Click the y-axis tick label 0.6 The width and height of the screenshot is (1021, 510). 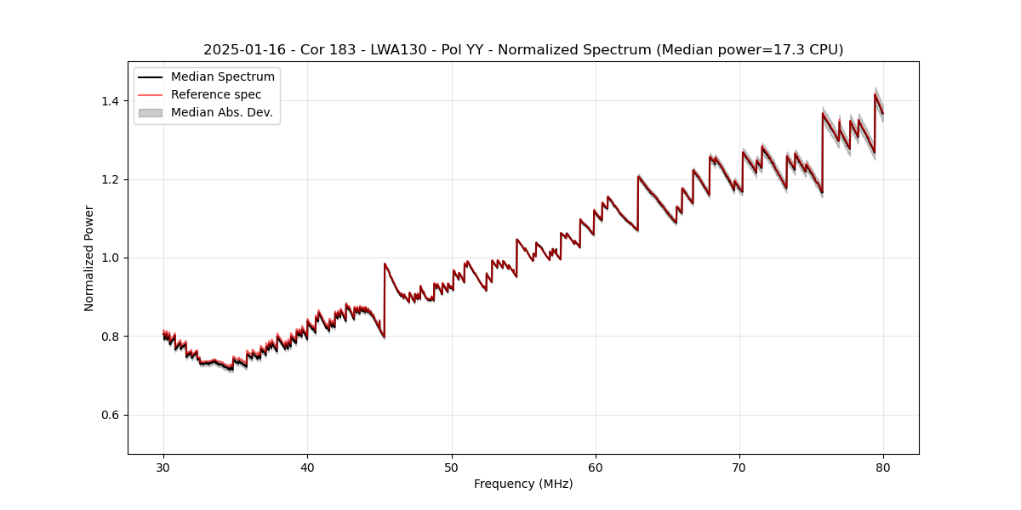[x=111, y=415]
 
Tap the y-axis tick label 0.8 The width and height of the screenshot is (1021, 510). [x=111, y=337]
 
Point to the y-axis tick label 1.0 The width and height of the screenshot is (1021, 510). [x=111, y=258]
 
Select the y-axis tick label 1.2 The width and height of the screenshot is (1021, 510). [x=111, y=179]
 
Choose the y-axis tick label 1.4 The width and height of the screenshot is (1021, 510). [x=111, y=101]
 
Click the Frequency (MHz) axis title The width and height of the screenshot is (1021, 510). [x=523, y=484]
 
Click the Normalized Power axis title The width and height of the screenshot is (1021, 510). [x=89, y=258]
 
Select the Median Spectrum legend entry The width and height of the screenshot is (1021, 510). [x=222, y=77]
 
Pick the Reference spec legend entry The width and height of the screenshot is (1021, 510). [x=215, y=94]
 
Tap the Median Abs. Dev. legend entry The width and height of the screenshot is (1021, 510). [x=221, y=112]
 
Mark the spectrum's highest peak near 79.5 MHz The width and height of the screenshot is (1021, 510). [x=875, y=94]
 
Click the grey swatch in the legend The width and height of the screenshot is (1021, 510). [x=151, y=112]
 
